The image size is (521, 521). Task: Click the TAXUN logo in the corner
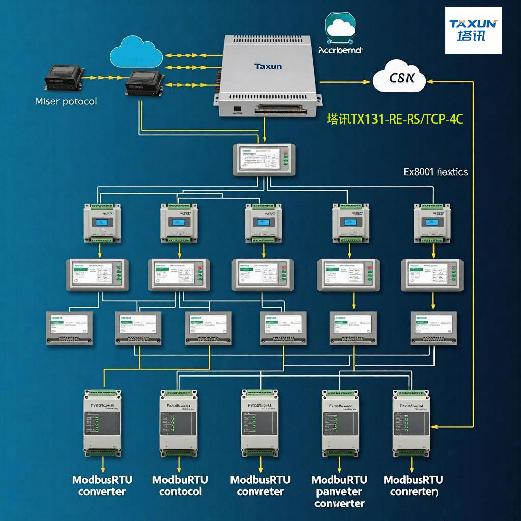click(x=473, y=31)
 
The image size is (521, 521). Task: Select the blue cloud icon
click(x=136, y=49)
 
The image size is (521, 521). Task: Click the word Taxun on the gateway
click(x=268, y=66)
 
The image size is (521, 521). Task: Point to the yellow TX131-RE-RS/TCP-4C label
click(x=395, y=120)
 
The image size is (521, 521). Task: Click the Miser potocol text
click(x=66, y=101)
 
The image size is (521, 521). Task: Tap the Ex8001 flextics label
click(x=436, y=172)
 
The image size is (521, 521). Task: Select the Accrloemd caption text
click(x=340, y=50)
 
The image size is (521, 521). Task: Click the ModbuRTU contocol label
click(x=180, y=485)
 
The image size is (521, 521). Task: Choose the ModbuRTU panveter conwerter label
click(x=339, y=491)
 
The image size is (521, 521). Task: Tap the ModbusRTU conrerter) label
click(x=413, y=485)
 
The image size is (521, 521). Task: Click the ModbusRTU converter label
click(x=102, y=485)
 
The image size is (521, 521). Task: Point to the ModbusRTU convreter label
click(x=260, y=485)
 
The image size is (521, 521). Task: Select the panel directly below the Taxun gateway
click(x=264, y=160)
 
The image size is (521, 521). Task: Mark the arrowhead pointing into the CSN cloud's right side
click(x=430, y=80)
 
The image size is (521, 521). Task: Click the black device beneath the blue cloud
click(x=145, y=82)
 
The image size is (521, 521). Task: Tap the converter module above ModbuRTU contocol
click(x=178, y=423)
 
